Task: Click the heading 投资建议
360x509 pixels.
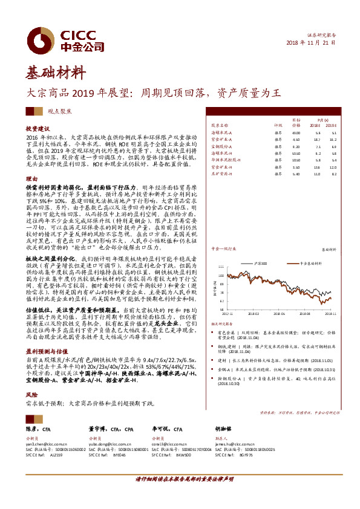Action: (36, 129)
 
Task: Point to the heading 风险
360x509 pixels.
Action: (31, 394)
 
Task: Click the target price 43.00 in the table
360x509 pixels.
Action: (296, 132)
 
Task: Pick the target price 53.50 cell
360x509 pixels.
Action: (296, 153)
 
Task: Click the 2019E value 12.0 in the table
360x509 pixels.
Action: (333, 167)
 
